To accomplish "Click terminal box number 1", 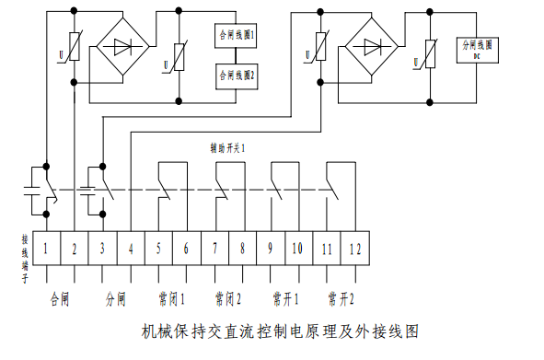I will point(46,247).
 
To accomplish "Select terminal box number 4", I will point(131,247).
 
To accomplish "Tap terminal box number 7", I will point(214,247).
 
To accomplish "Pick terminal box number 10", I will point(298,247).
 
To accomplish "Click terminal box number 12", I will point(354,247).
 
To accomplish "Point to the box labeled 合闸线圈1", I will point(237,36).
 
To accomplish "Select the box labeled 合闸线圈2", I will point(237,75).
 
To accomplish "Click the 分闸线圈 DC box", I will point(477,49).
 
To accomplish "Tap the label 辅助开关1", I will point(228,146).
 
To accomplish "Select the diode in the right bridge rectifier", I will point(373,45).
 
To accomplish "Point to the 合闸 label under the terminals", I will point(61,299).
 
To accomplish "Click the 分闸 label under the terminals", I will point(116,299).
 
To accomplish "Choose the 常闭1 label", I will point(172,299).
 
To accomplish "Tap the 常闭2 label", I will point(228,299).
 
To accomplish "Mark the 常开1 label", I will point(284,299).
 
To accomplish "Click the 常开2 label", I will point(341,299).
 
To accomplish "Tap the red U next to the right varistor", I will point(416,62).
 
